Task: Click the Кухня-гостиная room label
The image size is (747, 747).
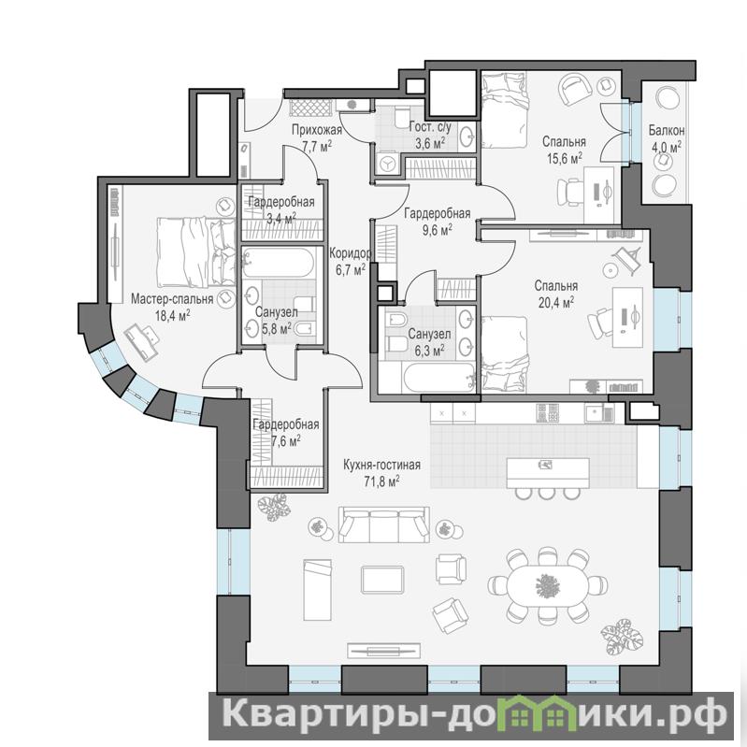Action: [x=382, y=465]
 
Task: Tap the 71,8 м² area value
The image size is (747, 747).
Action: [x=381, y=481]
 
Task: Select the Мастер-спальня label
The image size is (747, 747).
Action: [x=172, y=299]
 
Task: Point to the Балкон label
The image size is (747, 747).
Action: [x=667, y=130]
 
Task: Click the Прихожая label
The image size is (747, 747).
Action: [x=317, y=130]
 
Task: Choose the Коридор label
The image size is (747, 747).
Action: [x=351, y=253]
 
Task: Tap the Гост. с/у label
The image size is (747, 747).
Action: [x=430, y=128]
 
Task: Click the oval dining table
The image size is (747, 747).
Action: [x=547, y=585]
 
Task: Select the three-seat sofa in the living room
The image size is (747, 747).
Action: [x=384, y=524]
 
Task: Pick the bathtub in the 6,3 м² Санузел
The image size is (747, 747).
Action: [x=439, y=378]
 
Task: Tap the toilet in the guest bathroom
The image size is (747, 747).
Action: [x=403, y=117]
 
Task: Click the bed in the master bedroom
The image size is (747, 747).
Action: [x=195, y=252]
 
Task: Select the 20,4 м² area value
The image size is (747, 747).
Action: [x=556, y=303]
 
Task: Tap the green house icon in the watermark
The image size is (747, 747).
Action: [x=532, y=713]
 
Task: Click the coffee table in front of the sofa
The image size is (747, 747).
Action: [x=383, y=580]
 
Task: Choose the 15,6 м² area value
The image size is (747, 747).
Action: [x=565, y=158]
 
